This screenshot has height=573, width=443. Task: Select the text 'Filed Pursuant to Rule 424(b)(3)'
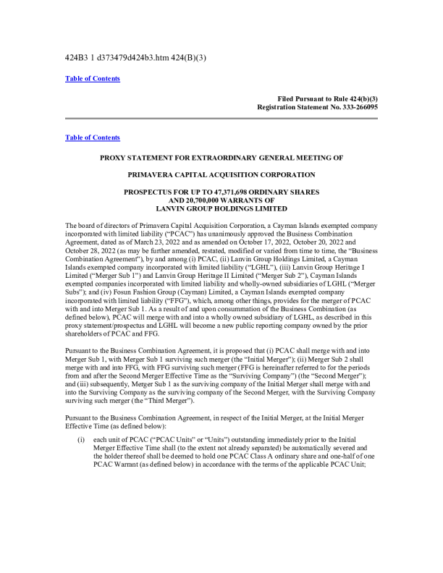[327, 98]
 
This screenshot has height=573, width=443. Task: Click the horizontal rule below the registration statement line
[221, 118]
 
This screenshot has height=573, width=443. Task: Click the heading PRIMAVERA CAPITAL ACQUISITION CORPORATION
[221, 175]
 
